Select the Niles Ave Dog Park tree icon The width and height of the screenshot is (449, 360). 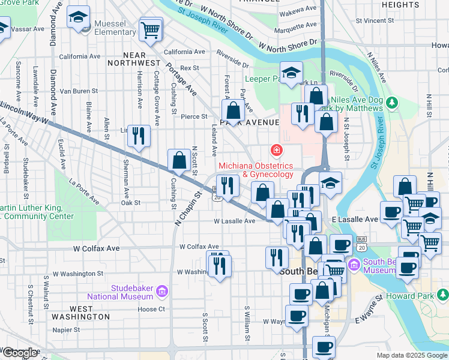click(x=392, y=101)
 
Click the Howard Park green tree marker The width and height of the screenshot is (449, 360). click(x=442, y=295)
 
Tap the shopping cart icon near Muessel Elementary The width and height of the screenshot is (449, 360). click(x=151, y=29)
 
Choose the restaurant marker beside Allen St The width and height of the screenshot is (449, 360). click(x=139, y=136)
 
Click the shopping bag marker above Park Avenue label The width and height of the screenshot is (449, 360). click(x=233, y=110)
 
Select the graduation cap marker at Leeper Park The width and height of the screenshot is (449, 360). click(x=292, y=74)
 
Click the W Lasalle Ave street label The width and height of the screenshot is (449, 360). click(x=235, y=221)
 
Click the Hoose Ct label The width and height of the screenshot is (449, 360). click(x=151, y=310)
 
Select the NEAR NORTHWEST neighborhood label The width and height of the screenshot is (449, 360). click(x=134, y=62)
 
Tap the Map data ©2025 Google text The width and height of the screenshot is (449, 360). click(x=411, y=355)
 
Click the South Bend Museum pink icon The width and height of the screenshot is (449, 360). click(x=354, y=264)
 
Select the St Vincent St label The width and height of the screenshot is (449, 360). click(x=374, y=20)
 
